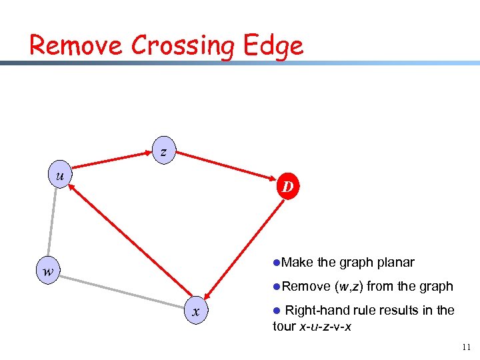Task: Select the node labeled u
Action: tap(61, 175)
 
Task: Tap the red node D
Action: tap(287, 187)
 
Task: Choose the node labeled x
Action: tap(195, 311)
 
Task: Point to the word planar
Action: tap(395, 262)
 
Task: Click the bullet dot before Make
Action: tap(276, 263)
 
